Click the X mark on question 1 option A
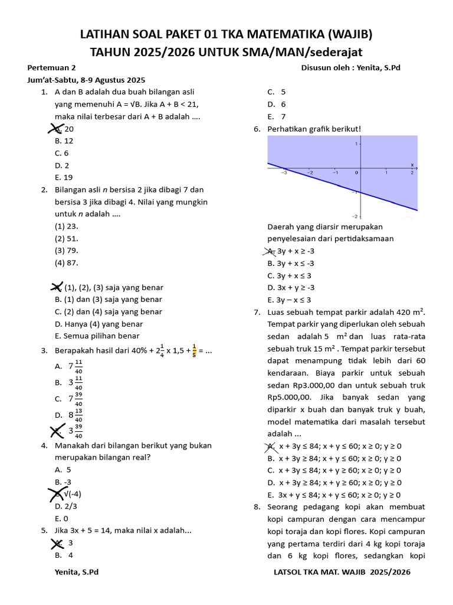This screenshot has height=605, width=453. coord(55,128)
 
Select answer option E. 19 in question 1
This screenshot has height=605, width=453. coord(64,177)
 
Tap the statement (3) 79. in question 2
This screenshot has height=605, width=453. coord(67,251)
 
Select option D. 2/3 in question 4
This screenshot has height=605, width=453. coord(65,506)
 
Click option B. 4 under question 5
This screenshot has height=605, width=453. coord(64,555)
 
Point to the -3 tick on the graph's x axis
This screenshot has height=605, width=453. coord(283,173)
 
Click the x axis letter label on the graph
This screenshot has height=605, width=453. coord(412,164)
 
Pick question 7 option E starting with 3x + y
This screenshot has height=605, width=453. coord(334,495)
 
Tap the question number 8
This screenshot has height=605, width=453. coord(257,507)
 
